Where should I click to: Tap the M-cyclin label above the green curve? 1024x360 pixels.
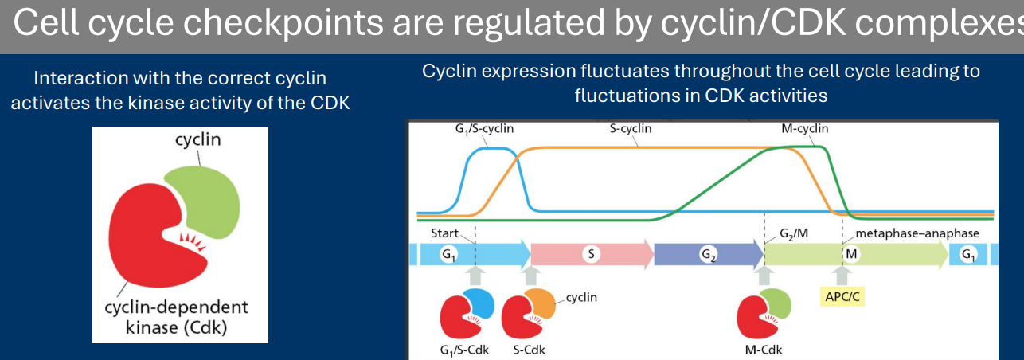click(804, 128)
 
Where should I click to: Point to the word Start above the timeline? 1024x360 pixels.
click(445, 233)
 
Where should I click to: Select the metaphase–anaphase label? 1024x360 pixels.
click(917, 233)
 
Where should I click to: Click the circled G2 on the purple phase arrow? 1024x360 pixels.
click(707, 254)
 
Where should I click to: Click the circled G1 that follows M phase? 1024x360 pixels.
click(967, 254)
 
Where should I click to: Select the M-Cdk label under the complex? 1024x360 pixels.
click(762, 349)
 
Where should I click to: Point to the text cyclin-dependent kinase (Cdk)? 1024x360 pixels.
click(176, 316)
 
